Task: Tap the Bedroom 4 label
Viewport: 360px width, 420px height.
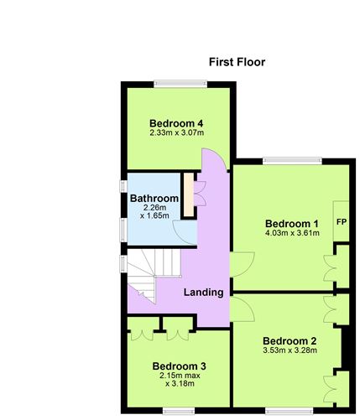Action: coord(177,123)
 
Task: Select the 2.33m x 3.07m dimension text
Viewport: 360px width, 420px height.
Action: coord(177,132)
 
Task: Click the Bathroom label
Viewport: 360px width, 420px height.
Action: coord(154,198)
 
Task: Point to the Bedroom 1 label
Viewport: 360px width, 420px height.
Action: coord(292,223)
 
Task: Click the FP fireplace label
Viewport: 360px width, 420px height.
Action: coord(342,222)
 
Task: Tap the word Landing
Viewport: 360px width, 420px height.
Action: coord(204,293)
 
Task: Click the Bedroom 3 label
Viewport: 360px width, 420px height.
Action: coord(179,366)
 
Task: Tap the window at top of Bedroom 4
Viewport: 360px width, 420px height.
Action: coord(177,83)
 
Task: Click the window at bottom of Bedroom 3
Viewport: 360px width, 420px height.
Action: coord(178,411)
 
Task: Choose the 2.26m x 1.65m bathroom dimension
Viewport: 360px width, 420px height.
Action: coord(154,211)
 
